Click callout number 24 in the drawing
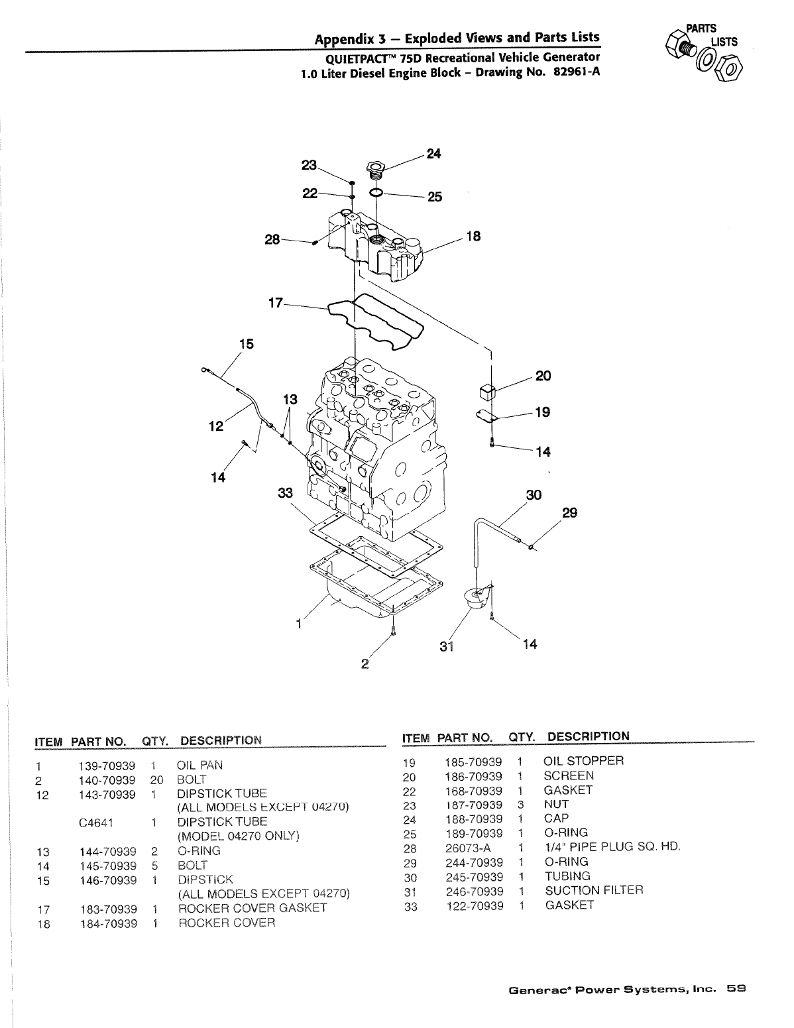[x=433, y=154]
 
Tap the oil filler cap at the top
[x=376, y=168]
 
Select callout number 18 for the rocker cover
[x=473, y=236]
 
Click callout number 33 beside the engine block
[x=286, y=492]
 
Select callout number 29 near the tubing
[x=569, y=512]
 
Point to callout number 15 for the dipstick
[x=247, y=344]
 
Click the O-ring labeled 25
[x=375, y=193]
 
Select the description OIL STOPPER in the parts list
[x=583, y=761]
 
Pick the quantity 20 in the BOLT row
[x=156, y=779]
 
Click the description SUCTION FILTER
[x=594, y=891]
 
